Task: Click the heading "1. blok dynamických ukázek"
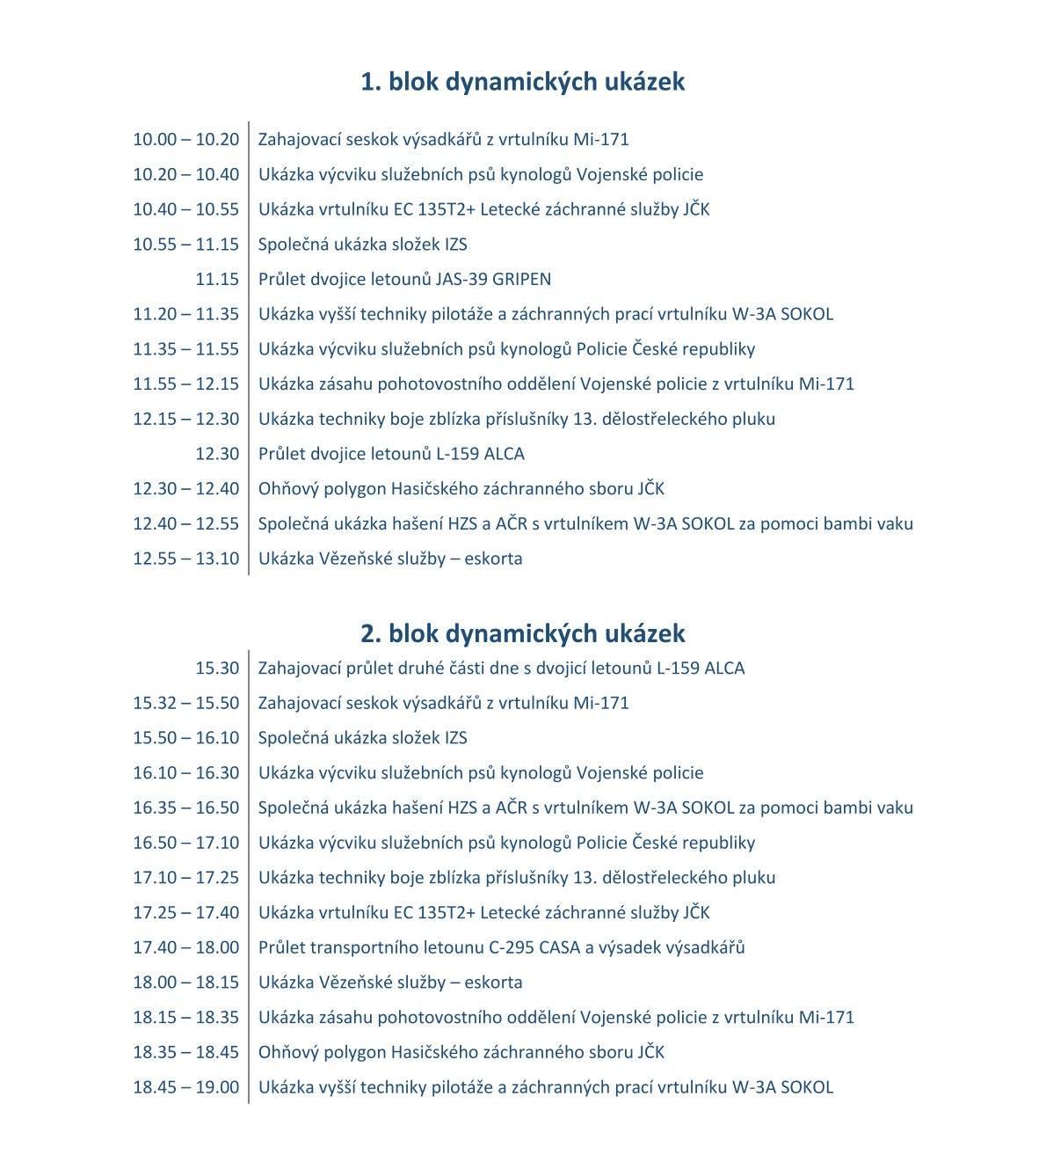pos(522,82)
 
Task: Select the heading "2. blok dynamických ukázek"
pos(522,633)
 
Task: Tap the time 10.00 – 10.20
pos(185,139)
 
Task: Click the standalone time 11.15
pos(217,279)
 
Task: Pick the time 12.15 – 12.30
pos(185,419)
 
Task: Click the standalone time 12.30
pos(217,454)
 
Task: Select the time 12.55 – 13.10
pos(185,559)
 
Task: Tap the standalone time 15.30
pos(217,668)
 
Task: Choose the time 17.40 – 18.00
pos(185,947)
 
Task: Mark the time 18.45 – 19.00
pos(185,1087)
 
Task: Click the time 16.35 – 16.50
pos(185,808)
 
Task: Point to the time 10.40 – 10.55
pos(185,209)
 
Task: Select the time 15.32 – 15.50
pos(185,703)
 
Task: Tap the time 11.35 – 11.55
pos(185,349)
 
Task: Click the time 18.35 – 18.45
pos(185,1052)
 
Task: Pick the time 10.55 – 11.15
pos(185,245)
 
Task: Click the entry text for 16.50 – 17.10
pos(506,843)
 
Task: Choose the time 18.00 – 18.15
pos(185,983)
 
